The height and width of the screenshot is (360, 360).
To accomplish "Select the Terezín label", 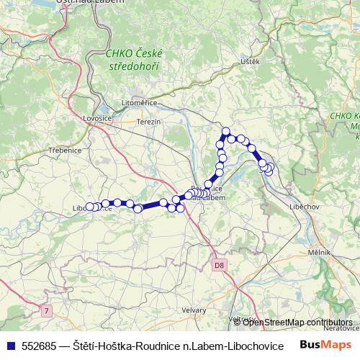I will click(148, 122).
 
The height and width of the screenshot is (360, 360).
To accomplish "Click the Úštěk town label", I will click(250, 62).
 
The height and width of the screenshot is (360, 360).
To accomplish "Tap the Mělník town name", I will click(319, 253).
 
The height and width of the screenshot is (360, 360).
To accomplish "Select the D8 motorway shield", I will click(220, 266).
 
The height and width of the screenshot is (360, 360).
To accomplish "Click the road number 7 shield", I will click(48, 311).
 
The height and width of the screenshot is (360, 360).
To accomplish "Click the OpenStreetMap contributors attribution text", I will click(298, 322).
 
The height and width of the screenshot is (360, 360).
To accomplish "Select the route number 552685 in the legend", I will click(40, 345).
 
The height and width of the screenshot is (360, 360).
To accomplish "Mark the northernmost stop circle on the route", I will click(226, 132).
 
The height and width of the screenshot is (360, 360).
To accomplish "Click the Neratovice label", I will click(341, 328).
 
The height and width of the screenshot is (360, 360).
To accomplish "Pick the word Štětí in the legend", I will click(84, 345).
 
